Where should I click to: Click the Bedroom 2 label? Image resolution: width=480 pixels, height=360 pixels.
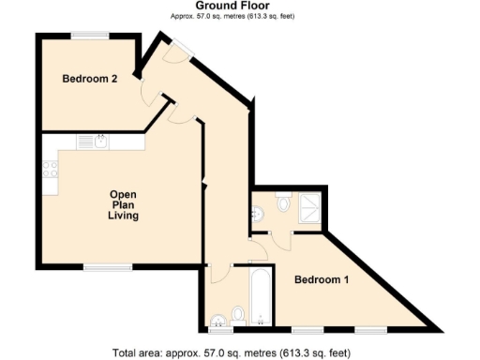point(89,80)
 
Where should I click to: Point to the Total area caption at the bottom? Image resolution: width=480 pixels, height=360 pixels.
point(231,353)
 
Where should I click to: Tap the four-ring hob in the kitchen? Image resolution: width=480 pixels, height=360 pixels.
point(50,171)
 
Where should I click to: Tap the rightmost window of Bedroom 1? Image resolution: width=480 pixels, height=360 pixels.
point(368,330)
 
